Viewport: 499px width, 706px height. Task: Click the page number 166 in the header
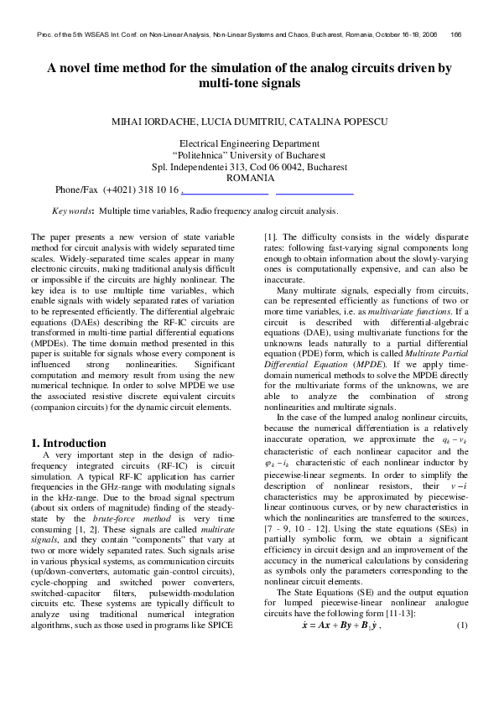pyautogui.click(x=456, y=34)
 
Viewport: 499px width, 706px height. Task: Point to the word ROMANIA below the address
pyautogui.click(x=250, y=178)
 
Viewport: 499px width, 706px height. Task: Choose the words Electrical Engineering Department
pyautogui.click(x=250, y=144)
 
